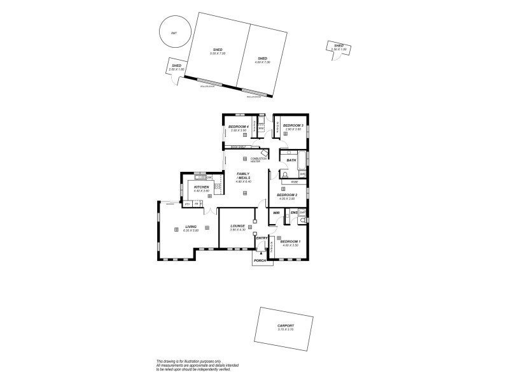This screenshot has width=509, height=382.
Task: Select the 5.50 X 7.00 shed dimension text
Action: pyautogui.click(x=218, y=53)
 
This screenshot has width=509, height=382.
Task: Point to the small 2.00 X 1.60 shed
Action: pyautogui.click(x=176, y=69)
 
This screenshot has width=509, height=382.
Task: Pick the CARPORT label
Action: pyautogui.click(x=285, y=325)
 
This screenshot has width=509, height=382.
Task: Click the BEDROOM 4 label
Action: pyautogui.click(x=237, y=127)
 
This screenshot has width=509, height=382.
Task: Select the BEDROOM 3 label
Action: pyautogui.click(x=293, y=125)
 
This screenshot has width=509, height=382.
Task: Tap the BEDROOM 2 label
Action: pyautogui.click(x=286, y=194)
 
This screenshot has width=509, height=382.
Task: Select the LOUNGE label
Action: pyautogui.click(x=238, y=225)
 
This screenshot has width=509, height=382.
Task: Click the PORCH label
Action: pyautogui.click(x=260, y=260)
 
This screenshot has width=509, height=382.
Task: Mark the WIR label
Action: pyautogui.click(x=277, y=213)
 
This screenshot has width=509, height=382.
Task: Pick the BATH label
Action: pyautogui.click(x=291, y=160)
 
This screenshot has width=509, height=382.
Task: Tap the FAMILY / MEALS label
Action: pyautogui.click(x=243, y=176)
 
